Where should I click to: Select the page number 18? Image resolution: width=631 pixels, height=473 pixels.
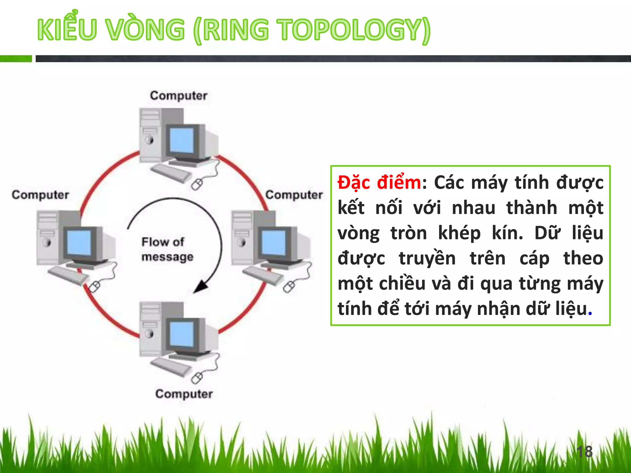[584, 451]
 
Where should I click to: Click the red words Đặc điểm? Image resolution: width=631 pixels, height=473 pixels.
[379, 183]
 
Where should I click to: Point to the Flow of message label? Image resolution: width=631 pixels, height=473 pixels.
[167, 249]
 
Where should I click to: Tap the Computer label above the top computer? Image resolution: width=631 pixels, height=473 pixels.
[179, 95]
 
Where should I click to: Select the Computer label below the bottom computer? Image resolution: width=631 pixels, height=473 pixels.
[184, 394]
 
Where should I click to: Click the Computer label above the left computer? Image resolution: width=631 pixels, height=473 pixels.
[40, 195]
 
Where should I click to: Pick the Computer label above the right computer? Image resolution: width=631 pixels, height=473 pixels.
[294, 195]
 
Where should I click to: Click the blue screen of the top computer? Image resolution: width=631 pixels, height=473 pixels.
[182, 140]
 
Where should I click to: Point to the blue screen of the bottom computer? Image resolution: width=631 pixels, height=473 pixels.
[182, 334]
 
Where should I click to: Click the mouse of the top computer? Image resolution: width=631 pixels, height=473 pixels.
[197, 185]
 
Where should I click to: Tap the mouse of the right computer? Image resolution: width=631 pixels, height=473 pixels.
[289, 288]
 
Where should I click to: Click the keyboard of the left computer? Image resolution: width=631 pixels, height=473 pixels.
[68, 275]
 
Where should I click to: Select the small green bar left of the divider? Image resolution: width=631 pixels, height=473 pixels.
[16, 59]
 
